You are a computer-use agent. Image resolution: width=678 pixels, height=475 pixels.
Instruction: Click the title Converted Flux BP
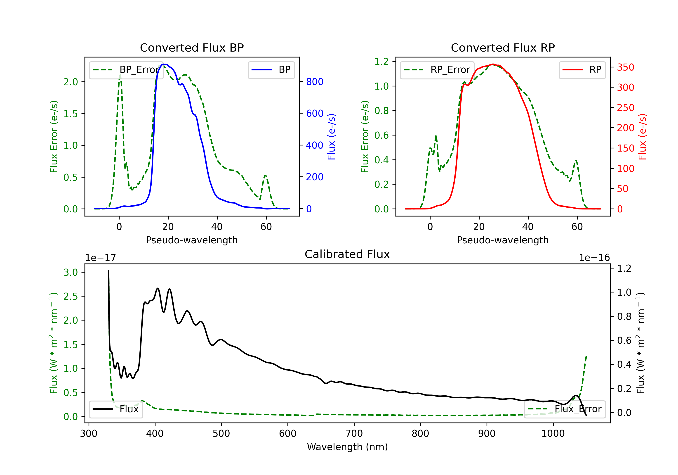(192, 47)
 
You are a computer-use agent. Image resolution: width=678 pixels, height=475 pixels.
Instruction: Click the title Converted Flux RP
(503, 47)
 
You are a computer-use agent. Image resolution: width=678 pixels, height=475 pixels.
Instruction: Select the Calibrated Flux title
(347, 254)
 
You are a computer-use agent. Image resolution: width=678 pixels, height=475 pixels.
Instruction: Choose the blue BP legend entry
(271, 70)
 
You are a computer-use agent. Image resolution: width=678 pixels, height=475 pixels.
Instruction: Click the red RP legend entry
(582, 70)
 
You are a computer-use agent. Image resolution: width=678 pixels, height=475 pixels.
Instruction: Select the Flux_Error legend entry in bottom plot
(565, 409)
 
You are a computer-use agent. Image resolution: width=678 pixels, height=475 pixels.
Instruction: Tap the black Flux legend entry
(116, 409)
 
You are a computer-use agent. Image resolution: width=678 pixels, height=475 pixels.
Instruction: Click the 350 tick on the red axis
(625, 67)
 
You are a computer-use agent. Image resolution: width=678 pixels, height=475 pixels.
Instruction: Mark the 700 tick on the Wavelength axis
(354, 434)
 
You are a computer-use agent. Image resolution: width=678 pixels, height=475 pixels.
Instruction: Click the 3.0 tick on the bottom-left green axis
(71, 272)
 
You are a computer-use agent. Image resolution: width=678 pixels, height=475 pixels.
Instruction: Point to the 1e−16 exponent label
(594, 258)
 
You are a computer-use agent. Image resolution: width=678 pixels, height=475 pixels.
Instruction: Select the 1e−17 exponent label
(100, 258)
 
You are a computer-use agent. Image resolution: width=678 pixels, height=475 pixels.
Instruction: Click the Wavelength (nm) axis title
(347, 447)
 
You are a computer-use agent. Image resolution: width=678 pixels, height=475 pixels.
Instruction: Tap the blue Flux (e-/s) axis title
(331, 137)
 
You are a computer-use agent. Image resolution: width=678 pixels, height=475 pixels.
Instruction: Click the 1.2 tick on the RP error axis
(381, 62)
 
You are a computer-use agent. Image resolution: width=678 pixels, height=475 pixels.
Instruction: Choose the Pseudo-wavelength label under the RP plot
(503, 240)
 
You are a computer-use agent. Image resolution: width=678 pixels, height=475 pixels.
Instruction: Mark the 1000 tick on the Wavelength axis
(553, 434)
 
